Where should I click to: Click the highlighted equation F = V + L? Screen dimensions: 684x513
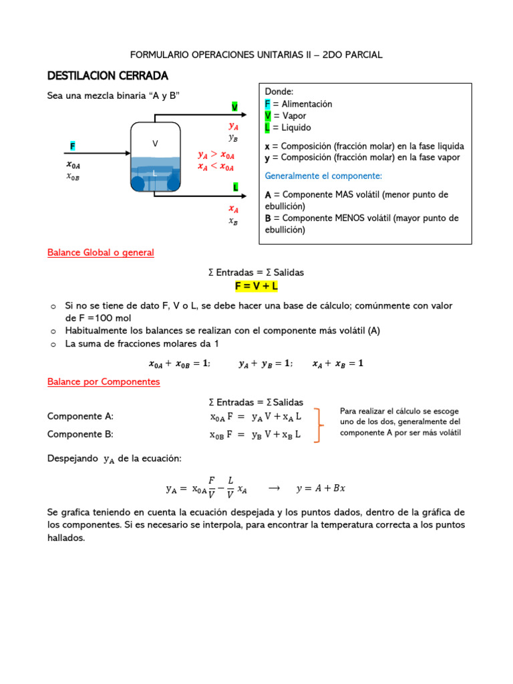coord(256,286)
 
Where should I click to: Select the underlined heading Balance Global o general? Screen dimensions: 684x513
coord(100,252)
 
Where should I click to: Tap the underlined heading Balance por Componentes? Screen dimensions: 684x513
coord(104,381)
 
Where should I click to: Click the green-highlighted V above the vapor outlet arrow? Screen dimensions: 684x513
coord(234,107)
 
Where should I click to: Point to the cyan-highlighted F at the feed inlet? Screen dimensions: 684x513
coord(73,146)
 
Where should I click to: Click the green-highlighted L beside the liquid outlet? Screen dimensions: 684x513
coord(236,187)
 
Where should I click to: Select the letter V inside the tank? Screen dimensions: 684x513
coord(155,144)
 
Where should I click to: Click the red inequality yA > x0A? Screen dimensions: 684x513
coord(216,155)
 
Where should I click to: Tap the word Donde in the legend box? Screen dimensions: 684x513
coord(279,92)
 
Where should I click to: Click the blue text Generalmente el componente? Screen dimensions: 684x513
coord(323,176)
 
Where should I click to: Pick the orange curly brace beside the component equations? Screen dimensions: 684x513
coord(321,425)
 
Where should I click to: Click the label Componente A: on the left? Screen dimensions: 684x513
coord(81,416)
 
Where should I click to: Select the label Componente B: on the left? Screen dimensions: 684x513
coord(81,434)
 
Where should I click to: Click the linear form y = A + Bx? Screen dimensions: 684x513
coord(321,488)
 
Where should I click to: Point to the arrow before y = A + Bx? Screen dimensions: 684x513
coord(273,488)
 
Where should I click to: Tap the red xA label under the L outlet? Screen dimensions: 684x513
coord(233,208)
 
